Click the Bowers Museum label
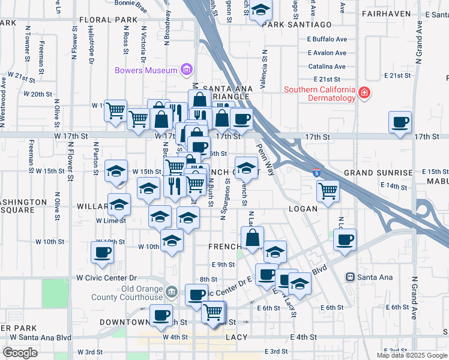tap(146, 70)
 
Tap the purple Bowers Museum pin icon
tap(186, 70)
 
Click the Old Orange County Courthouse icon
tap(172, 292)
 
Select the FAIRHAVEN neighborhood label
tap(386, 13)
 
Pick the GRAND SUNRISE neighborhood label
tap(378, 173)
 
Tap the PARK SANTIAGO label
tap(297, 24)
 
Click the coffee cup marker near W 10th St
tap(101, 252)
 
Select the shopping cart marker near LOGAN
tap(328, 192)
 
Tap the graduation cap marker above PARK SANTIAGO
tap(261, 10)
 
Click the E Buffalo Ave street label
tap(327, 39)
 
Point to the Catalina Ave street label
tap(327, 67)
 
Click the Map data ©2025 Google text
tap(411, 355)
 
